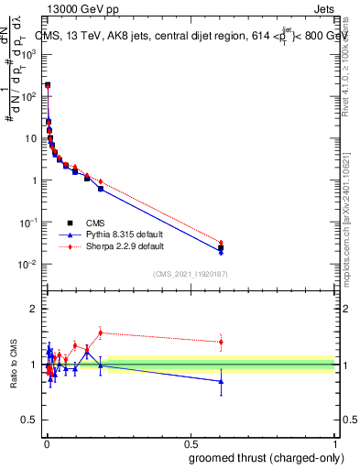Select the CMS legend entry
pyautogui.click(x=94, y=222)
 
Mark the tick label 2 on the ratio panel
pyautogui.click(x=34, y=309)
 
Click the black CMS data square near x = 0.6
pyautogui.click(x=221, y=247)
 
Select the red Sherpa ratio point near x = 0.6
pyautogui.click(x=221, y=342)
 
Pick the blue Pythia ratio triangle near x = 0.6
pyautogui.click(x=221, y=381)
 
